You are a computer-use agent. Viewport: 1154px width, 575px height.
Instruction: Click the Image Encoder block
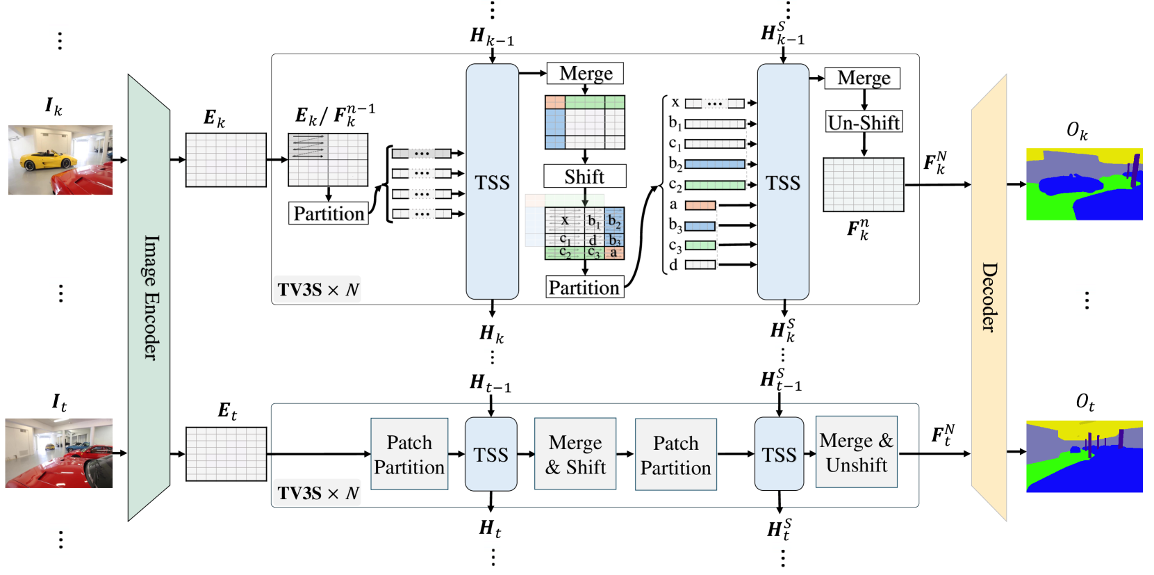pyautogui.click(x=149, y=298)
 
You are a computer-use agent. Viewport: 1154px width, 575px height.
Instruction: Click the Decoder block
pyautogui.click(x=989, y=298)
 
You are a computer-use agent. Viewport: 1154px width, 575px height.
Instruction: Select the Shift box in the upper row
pyautogui.click(x=584, y=177)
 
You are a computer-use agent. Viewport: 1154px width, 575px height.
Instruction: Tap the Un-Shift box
pyautogui.click(x=864, y=122)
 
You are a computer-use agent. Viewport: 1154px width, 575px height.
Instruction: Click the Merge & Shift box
pyautogui.click(x=575, y=455)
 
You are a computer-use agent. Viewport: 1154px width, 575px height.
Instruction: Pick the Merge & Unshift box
pyautogui.click(x=856, y=453)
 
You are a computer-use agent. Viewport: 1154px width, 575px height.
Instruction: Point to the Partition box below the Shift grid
pyautogui.click(x=584, y=287)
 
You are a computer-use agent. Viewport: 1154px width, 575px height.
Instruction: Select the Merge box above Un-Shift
pyautogui.click(x=862, y=78)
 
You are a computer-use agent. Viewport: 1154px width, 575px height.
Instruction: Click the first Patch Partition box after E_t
pyautogui.click(x=409, y=455)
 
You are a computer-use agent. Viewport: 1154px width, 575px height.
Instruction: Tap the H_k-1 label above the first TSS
pyautogui.click(x=491, y=36)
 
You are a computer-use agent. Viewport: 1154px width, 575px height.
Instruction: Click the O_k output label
pyautogui.click(x=1077, y=131)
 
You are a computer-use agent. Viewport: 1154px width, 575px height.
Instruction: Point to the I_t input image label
pyautogui.click(x=59, y=403)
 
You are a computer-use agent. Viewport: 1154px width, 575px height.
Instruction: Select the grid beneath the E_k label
pyautogui.click(x=226, y=160)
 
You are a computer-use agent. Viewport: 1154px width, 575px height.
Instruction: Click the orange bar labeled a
pyautogui.click(x=700, y=205)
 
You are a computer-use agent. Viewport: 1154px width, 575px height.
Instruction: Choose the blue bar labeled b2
pyautogui.click(x=715, y=164)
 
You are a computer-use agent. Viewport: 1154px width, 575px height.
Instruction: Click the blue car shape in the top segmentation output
pyautogui.click(x=1069, y=184)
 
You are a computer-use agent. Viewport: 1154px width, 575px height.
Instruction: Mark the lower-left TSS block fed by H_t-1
pyautogui.click(x=491, y=455)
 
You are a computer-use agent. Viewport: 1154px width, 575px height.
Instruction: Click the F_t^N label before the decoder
pyautogui.click(x=942, y=435)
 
